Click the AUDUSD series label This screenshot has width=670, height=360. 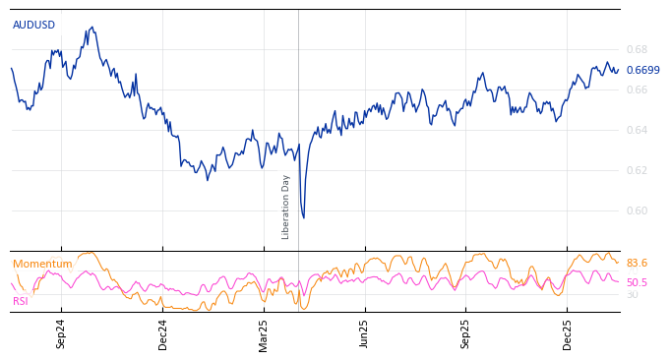click(33, 25)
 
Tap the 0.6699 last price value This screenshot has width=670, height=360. click(642, 70)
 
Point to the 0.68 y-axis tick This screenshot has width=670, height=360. click(637, 49)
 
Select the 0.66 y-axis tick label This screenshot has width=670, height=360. click(637, 90)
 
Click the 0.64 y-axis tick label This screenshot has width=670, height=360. click(637, 130)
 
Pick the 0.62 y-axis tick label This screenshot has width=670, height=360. click(637, 170)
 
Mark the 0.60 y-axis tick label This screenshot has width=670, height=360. click(637, 210)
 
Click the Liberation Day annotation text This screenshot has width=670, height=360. click(286, 207)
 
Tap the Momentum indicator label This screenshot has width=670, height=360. click(42, 264)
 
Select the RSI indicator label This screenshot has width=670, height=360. click(20, 301)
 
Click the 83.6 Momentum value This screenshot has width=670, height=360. click(637, 264)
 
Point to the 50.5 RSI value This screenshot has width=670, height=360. click(637, 282)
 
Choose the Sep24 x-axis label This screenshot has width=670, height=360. click(61, 333)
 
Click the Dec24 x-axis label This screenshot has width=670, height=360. click(162, 333)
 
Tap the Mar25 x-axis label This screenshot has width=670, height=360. click(263, 333)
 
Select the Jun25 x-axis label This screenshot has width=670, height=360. click(364, 333)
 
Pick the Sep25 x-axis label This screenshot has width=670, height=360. click(465, 333)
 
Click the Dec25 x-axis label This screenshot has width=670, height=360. click(567, 333)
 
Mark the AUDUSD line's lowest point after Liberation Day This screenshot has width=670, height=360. click(303, 217)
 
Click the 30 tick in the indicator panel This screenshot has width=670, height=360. click(632, 294)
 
